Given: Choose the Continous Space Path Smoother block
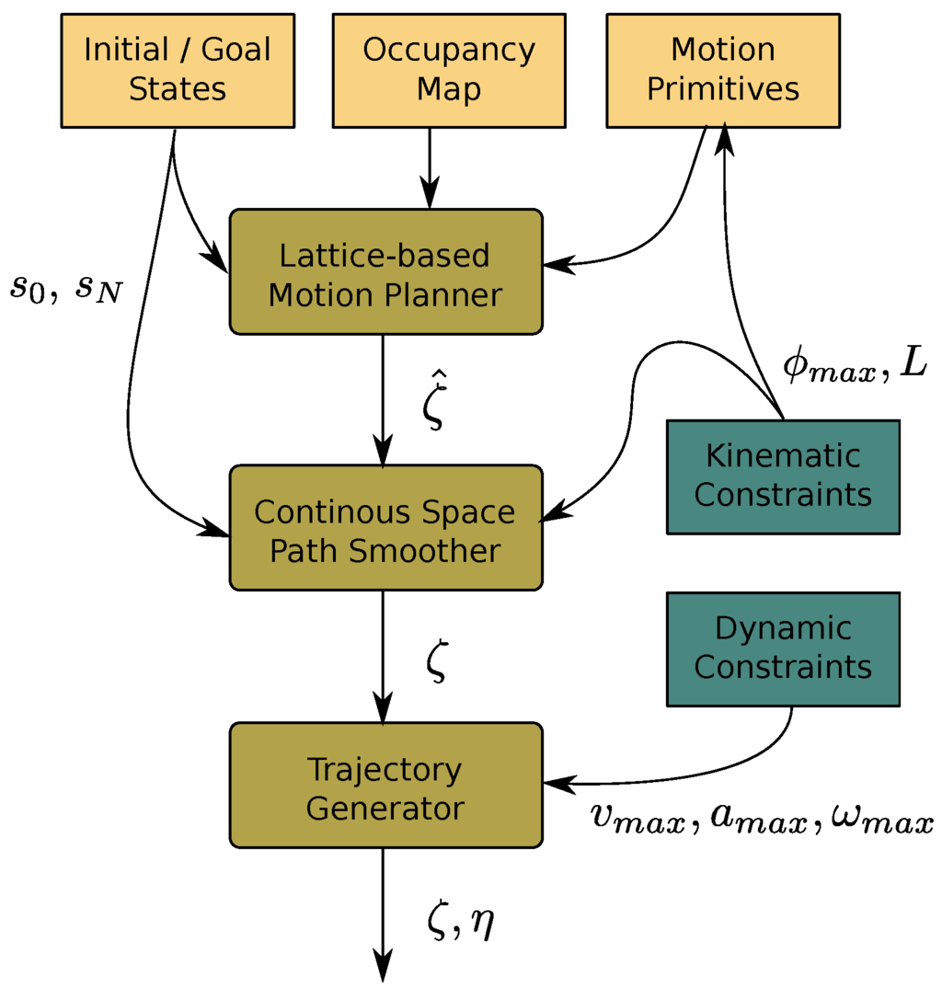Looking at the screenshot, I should click(x=385, y=528).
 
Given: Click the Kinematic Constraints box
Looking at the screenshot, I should click(x=782, y=476).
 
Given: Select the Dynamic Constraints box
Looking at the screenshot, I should click(x=782, y=648).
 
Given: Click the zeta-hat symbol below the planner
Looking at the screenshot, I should click(x=433, y=406).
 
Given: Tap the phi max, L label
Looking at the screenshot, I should click(x=854, y=365).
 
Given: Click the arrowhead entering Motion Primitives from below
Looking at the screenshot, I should click(x=726, y=141).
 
